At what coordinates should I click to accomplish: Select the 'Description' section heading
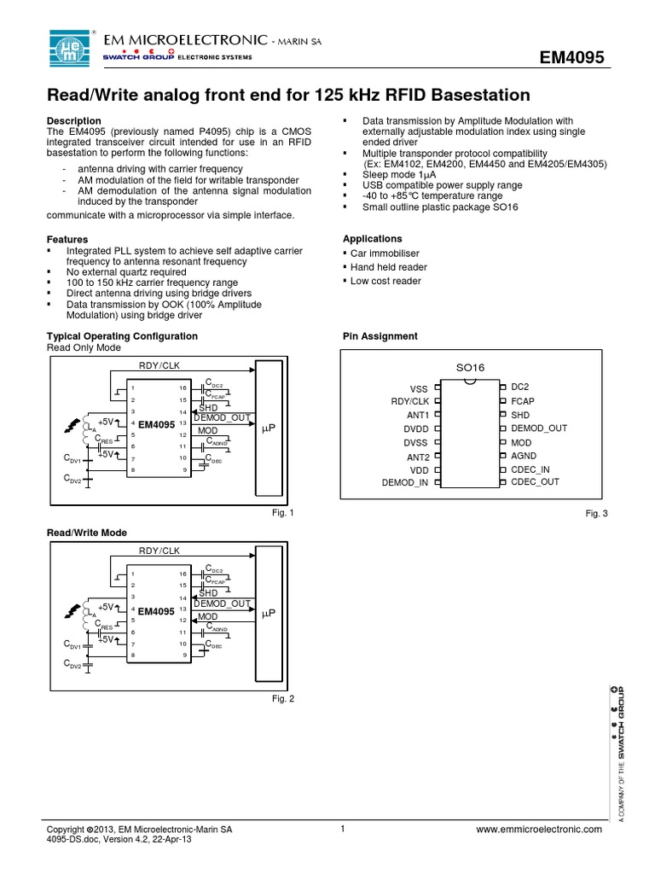click(73, 121)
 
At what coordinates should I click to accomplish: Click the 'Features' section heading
click(67, 239)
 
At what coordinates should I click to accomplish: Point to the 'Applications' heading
click(372, 239)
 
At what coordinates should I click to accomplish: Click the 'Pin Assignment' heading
click(380, 336)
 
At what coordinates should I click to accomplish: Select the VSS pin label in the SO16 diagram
click(419, 388)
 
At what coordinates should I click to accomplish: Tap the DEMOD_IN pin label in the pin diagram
click(405, 483)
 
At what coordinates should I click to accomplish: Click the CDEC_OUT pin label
click(536, 481)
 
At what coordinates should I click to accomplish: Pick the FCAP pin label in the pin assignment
click(523, 400)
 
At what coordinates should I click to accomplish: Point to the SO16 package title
click(470, 367)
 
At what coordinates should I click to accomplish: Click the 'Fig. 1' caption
click(282, 513)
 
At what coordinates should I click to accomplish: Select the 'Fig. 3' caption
click(594, 513)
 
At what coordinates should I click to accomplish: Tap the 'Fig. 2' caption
click(282, 699)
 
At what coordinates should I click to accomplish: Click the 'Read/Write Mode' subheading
click(86, 533)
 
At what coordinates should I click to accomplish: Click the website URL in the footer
click(539, 830)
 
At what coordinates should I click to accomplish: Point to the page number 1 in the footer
click(341, 829)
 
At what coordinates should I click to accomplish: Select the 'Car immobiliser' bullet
click(385, 253)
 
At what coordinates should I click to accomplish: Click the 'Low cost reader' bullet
click(385, 281)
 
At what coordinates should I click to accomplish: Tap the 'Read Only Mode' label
click(84, 348)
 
